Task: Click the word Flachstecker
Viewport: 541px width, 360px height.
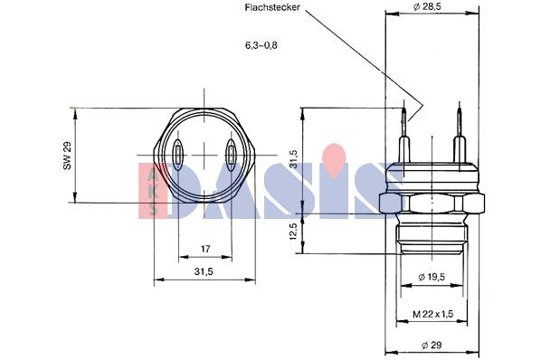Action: [272, 8]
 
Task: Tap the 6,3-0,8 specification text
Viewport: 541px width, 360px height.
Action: [261, 45]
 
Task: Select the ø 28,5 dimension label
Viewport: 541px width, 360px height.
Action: [427, 6]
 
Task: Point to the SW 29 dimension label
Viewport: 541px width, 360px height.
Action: [67, 156]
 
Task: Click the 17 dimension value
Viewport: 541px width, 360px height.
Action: [205, 249]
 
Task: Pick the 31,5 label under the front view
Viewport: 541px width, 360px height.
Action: [204, 271]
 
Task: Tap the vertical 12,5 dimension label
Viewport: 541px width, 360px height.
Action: [293, 231]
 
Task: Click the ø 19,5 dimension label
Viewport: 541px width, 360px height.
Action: [432, 277]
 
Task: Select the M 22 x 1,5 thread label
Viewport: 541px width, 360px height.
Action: [433, 314]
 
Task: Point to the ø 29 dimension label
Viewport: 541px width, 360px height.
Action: [432, 345]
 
